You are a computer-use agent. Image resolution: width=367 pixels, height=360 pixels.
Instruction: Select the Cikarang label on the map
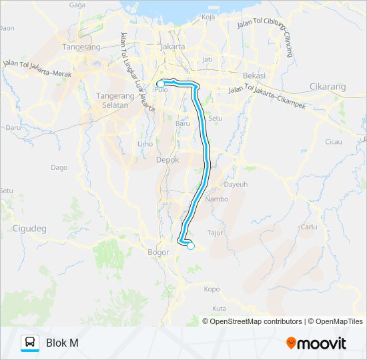click(x=328, y=87)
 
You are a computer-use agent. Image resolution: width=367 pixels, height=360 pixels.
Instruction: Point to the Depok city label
click(x=167, y=161)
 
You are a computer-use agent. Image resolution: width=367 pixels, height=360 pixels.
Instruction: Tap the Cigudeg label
click(x=29, y=229)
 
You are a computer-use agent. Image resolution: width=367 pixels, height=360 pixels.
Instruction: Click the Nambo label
click(x=217, y=199)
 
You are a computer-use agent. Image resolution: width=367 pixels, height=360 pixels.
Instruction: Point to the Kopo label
click(x=212, y=289)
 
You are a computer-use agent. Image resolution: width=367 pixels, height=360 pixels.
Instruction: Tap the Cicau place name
click(x=333, y=142)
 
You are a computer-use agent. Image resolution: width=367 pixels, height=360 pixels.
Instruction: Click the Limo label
click(x=145, y=143)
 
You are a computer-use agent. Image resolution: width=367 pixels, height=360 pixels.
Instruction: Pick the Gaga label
click(x=77, y=5)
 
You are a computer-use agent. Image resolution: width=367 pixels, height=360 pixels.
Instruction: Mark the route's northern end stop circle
click(x=160, y=83)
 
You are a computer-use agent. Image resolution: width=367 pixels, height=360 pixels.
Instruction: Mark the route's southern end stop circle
click(x=191, y=246)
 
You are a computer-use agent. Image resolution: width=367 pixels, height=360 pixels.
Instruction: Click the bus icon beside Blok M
click(x=30, y=343)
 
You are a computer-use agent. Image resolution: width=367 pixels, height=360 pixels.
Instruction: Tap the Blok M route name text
click(x=62, y=343)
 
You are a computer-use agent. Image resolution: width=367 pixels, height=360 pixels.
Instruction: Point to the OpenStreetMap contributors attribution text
click(x=256, y=321)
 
